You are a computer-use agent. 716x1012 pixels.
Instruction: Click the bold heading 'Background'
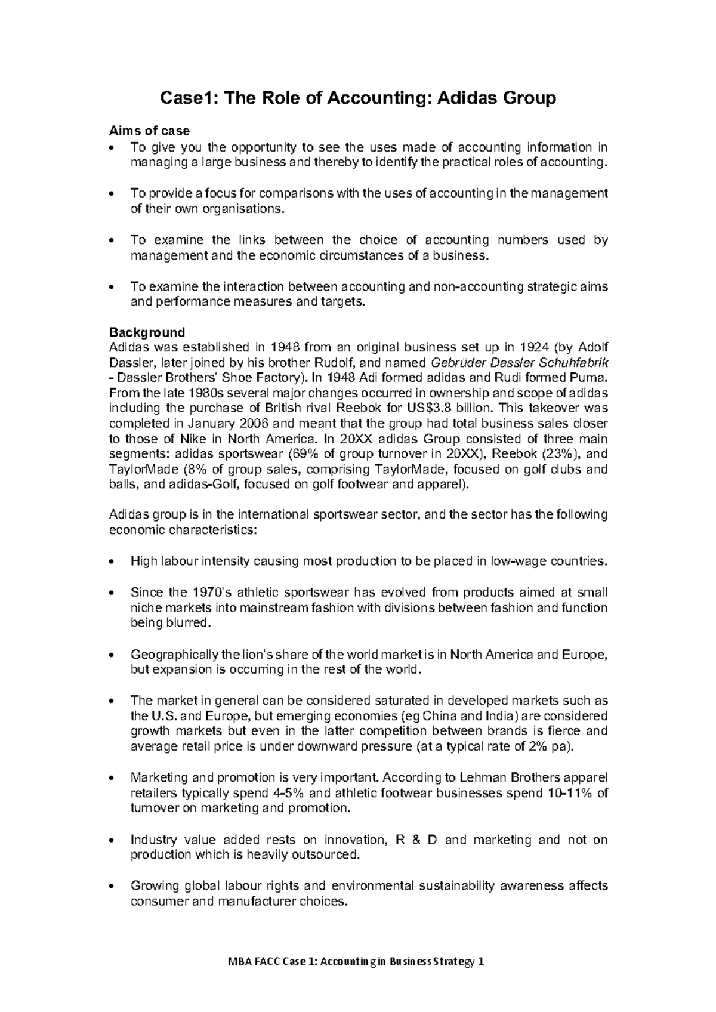147,332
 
